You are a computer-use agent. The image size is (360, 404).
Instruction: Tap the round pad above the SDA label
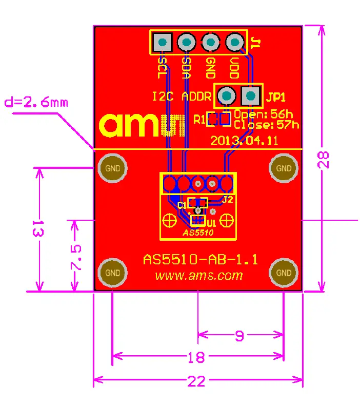tap(186, 42)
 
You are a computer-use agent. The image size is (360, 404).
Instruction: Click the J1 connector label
tap(256, 44)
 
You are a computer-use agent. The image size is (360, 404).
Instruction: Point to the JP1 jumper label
tap(276, 96)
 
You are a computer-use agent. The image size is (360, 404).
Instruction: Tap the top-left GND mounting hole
tap(113, 168)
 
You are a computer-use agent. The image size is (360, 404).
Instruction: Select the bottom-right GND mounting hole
tap(284, 272)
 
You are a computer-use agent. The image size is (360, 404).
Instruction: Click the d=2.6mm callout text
tap(36, 102)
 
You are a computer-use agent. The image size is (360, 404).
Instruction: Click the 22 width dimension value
tap(196, 381)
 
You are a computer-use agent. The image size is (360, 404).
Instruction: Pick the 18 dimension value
tap(196, 356)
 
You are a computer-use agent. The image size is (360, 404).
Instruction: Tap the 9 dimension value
tap(239, 336)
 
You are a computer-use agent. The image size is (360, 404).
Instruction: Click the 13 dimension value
tap(37, 229)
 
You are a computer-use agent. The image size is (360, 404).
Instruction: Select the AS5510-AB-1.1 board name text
tap(200, 260)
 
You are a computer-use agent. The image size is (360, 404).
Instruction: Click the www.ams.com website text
tap(199, 276)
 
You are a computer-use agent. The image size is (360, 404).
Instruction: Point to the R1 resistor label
tap(199, 120)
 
